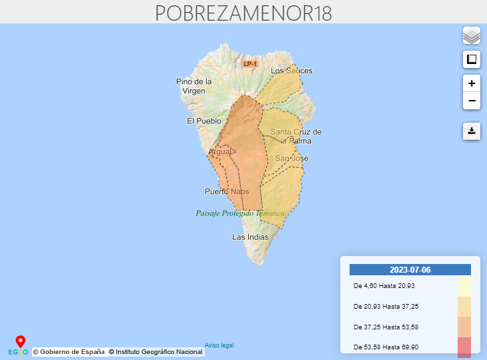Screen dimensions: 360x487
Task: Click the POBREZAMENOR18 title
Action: (243, 13)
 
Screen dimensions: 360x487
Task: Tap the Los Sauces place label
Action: (292, 71)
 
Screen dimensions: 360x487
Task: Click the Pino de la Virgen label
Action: (194, 86)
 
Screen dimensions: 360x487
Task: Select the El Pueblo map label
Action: (203, 121)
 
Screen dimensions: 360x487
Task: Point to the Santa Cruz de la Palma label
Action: (296, 136)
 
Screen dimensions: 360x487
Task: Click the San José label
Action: (292, 159)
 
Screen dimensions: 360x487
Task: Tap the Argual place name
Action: (219, 152)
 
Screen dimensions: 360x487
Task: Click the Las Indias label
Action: (250, 237)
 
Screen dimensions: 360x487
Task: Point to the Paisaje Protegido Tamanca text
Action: (240, 213)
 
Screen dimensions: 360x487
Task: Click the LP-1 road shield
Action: (250, 63)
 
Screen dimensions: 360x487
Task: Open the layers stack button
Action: (472, 35)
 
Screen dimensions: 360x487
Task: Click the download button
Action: (472, 131)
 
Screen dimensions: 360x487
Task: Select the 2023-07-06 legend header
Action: (410, 270)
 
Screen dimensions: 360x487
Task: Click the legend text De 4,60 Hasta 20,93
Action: (384, 286)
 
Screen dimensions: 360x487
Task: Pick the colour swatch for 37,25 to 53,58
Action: (464, 327)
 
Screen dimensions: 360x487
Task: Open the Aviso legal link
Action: (219, 345)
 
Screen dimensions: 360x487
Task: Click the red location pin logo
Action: (20, 342)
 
